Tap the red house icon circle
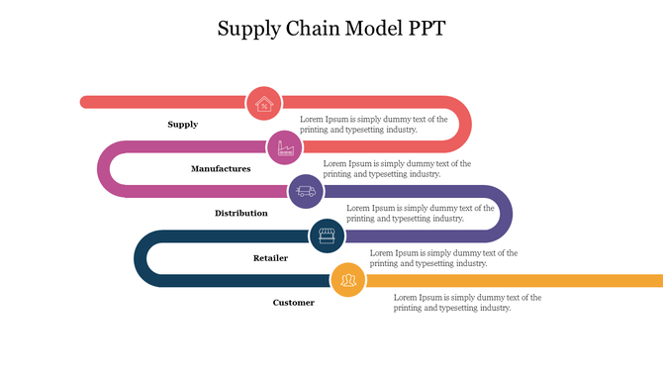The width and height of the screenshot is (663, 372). click(x=263, y=103)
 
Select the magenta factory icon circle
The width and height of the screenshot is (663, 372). click(x=284, y=147)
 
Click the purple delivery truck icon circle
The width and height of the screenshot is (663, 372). click(x=306, y=191)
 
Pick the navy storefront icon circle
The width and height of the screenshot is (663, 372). click(x=327, y=235)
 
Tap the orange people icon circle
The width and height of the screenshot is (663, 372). click(x=347, y=280)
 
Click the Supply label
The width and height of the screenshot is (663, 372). click(x=182, y=125)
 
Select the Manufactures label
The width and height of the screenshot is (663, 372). click(x=221, y=169)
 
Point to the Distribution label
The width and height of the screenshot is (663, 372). click(x=240, y=214)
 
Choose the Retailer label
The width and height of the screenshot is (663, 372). click(x=270, y=258)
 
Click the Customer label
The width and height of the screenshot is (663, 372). click(x=293, y=303)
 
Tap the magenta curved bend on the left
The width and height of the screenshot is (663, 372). click(x=104, y=169)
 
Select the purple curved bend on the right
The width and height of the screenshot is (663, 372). click(x=506, y=214)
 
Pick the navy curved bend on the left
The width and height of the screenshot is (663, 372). click(x=141, y=258)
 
